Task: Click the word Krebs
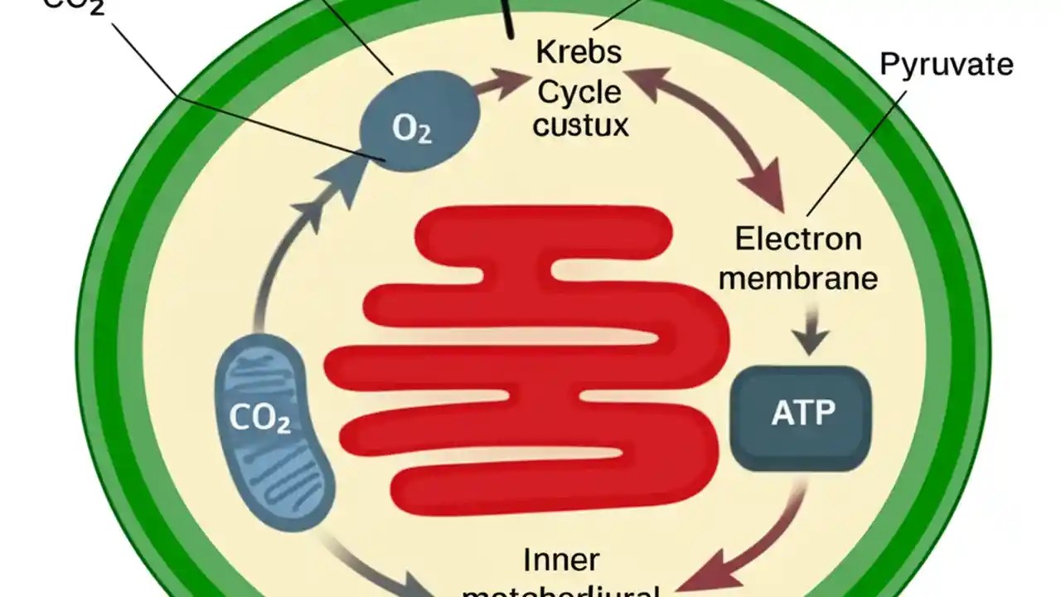point(579,52)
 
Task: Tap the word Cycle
point(579,91)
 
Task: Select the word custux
point(580,125)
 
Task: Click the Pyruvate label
point(946,65)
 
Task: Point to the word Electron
point(798,239)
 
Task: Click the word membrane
point(797,278)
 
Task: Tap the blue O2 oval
point(419,121)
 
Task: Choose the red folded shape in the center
point(530,357)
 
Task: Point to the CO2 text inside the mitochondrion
point(259,419)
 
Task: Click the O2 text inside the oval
point(411,131)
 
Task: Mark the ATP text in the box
point(802,412)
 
